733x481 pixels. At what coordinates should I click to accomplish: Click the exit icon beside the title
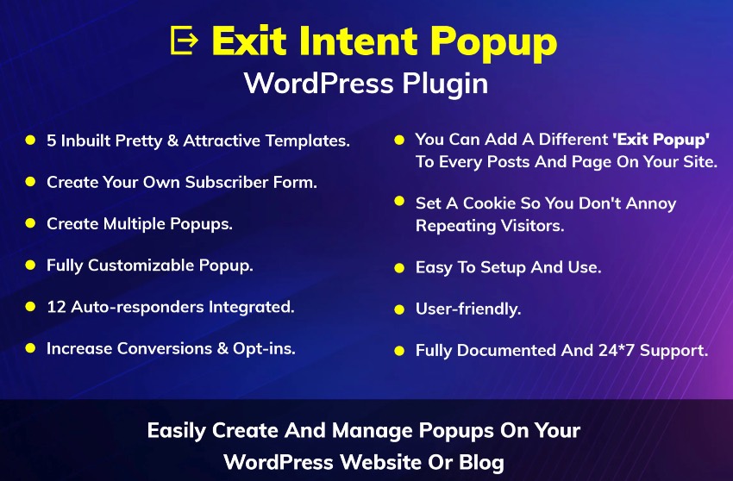click(184, 40)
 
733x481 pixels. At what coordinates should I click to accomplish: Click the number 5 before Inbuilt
click(51, 141)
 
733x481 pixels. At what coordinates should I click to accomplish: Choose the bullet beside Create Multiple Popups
click(30, 223)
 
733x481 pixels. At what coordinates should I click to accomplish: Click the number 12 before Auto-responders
click(56, 306)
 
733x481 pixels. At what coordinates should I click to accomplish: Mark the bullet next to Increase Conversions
click(30, 348)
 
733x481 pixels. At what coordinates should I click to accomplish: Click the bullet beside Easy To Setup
click(399, 268)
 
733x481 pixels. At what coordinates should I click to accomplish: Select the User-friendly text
click(468, 309)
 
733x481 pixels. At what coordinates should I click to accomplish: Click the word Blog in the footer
click(481, 461)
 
